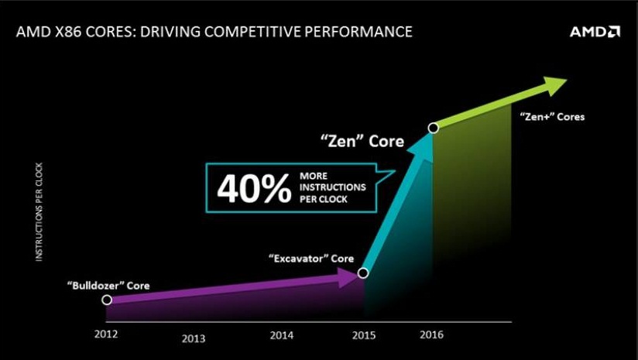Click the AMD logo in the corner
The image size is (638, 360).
click(x=595, y=32)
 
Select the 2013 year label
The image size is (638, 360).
click(x=194, y=338)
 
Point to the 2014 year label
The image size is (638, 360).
click(x=281, y=335)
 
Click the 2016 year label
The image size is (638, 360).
click(x=431, y=334)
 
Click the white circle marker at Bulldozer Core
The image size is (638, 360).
click(x=107, y=300)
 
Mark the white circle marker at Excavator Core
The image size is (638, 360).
click(x=363, y=273)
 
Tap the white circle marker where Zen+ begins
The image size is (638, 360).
click(x=434, y=128)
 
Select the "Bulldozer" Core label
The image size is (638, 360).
click(x=108, y=285)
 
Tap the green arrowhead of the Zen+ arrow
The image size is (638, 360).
click(x=555, y=86)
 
